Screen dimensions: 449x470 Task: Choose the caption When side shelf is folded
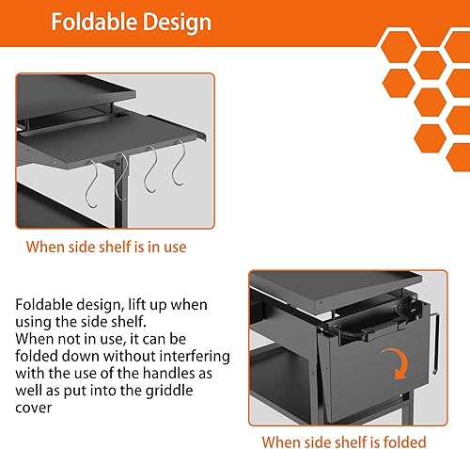343,441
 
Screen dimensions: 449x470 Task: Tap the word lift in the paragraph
135,306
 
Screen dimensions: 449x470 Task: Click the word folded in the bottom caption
404,441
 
